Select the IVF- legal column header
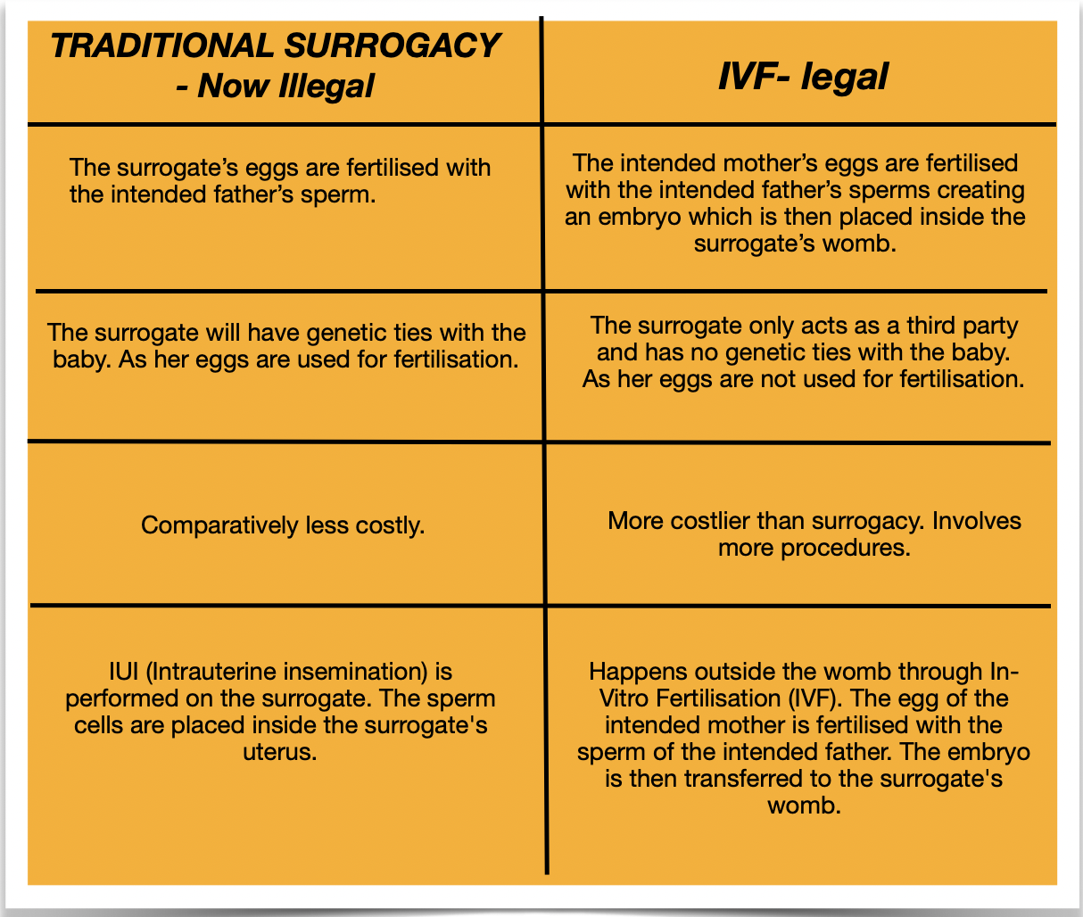(x=803, y=77)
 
